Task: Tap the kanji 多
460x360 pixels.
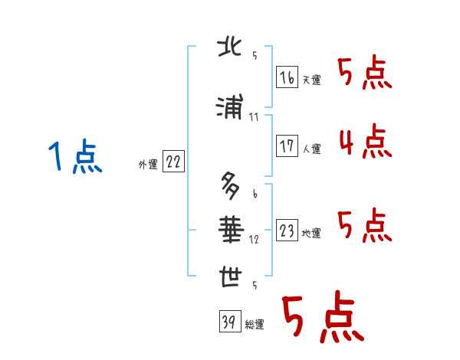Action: point(229,185)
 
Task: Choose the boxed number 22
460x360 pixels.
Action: point(173,162)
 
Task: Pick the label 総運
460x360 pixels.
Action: point(255,325)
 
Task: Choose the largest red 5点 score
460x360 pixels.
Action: point(322,318)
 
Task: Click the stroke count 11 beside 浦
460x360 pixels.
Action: point(254,117)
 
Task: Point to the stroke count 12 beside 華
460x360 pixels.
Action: point(254,239)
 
